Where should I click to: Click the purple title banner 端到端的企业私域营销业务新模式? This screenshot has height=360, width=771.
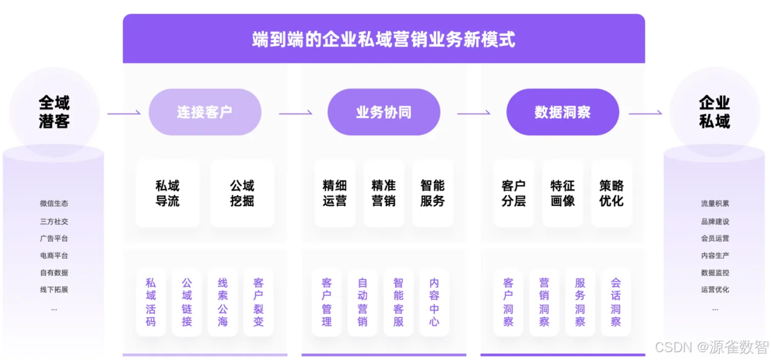[x=384, y=39]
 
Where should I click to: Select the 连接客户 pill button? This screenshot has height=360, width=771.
[x=205, y=112]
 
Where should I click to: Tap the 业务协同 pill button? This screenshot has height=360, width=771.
[x=384, y=112]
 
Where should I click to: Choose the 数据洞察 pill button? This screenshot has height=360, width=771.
[x=563, y=112]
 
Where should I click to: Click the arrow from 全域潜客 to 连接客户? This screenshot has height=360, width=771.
[x=124, y=113]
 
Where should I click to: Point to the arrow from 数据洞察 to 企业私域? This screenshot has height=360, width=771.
[x=645, y=113]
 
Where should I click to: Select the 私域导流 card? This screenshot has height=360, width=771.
[x=167, y=193]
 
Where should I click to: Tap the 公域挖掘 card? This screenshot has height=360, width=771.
[x=242, y=193]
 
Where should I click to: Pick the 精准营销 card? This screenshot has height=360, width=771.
[x=384, y=193]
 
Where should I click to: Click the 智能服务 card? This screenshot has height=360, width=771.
[x=432, y=193]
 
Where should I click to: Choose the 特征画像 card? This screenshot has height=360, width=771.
[x=563, y=193]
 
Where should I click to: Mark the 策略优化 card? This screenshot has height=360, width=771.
[x=611, y=193]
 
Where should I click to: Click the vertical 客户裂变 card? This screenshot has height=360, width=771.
[x=258, y=302]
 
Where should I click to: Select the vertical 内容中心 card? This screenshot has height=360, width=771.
[x=434, y=302]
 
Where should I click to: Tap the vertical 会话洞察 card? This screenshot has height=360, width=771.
[x=616, y=302]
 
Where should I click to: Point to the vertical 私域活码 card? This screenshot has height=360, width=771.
[x=151, y=302]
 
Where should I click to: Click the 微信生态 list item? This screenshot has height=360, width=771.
[x=54, y=203]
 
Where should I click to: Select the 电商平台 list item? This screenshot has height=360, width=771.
[x=54, y=255]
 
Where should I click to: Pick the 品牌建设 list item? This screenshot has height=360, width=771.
[x=715, y=222]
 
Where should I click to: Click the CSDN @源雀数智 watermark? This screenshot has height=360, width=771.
[x=712, y=347]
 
